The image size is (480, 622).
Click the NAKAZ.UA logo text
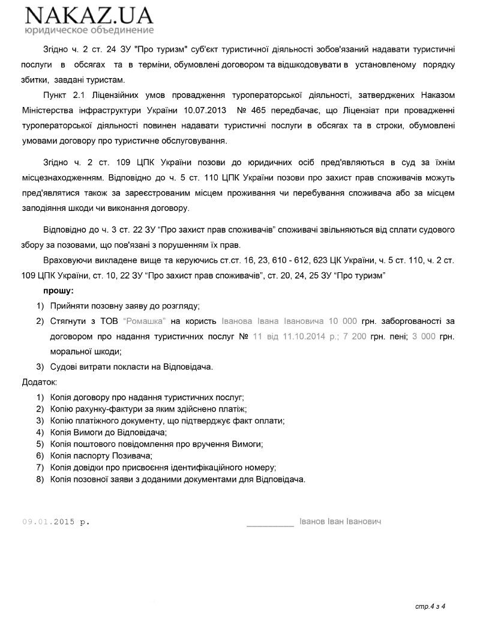pos(89,15)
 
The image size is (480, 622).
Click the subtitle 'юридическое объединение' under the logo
pos(89,30)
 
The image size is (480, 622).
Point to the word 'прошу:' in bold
pos(56,291)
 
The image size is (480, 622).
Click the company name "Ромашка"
pos(143,322)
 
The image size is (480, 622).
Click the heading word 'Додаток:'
pos(40,382)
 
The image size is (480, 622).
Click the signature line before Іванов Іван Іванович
pos(270,523)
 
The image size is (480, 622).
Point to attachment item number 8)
pos(40,479)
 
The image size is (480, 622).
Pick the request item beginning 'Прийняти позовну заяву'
pos(125,306)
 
